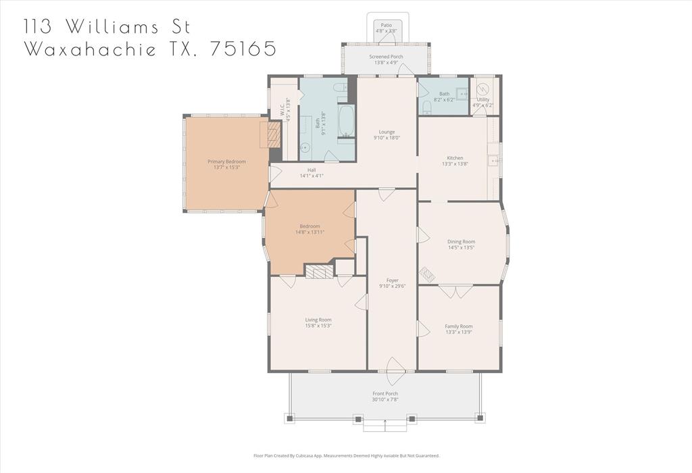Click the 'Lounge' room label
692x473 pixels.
tap(387, 132)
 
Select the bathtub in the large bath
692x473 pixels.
tap(345, 122)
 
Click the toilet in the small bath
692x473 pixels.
tap(427, 107)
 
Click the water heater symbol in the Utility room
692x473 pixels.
tap(483, 89)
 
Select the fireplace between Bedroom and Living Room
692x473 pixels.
tap(319, 272)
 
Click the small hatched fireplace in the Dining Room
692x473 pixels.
tap(426, 274)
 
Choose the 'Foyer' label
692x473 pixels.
tap(392, 280)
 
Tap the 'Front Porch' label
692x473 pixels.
tap(385, 393)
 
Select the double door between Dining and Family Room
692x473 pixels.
tap(455, 291)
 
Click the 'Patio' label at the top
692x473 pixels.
tap(386, 25)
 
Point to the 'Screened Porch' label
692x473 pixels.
tap(386, 57)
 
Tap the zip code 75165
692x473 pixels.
tap(243, 49)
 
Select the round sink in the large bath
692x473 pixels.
tap(305, 147)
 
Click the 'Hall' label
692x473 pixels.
tap(312, 170)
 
